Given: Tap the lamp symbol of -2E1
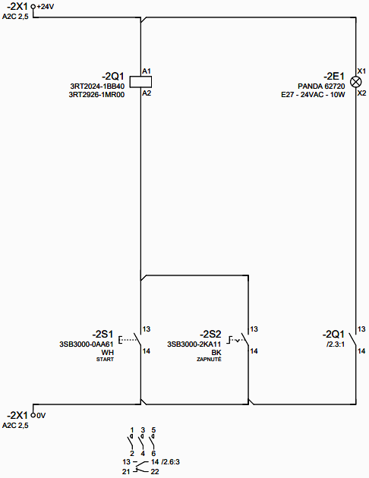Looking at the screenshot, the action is (355, 82).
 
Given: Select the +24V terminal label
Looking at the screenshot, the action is (45, 6).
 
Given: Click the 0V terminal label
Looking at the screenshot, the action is (41, 415).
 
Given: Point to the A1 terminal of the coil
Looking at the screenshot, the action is (147, 71).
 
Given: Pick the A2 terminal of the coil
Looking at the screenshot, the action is (147, 93).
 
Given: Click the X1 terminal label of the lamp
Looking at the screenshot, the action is (361, 71).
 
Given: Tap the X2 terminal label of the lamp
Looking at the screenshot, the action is (361, 93).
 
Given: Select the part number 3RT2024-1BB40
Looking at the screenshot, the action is (97, 86).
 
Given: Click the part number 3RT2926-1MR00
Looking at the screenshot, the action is (96, 95).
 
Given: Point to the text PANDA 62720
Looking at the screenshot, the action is (321, 86).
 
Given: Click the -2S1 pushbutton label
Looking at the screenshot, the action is (102, 334).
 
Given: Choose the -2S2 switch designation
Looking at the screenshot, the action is (210, 334).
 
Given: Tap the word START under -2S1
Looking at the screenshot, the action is (105, 360).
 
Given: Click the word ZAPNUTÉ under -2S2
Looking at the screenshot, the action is (209, 359).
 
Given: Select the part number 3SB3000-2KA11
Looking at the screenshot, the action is (194, 344).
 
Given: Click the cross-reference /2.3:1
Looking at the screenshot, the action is (335, 344).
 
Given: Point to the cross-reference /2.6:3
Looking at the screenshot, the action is (171, 462).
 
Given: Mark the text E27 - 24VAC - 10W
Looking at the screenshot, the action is (313, 95).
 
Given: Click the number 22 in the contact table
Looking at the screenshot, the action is (155, 472).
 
